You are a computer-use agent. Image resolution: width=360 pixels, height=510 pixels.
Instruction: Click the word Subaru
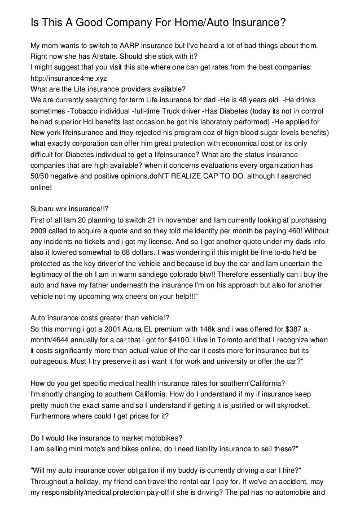[43, 211]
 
